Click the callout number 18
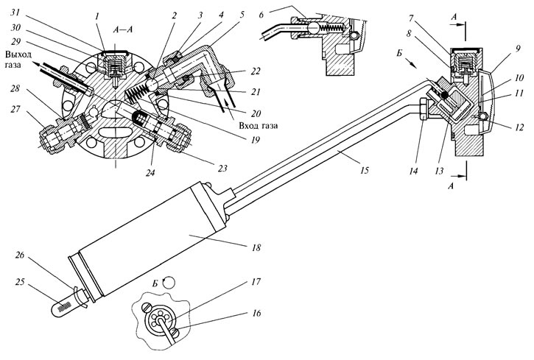[256, 247]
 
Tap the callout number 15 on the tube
[365, 170]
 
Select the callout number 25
[20, 282]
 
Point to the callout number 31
[15, 13]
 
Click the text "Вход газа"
[258, 126]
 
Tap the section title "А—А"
[124, 29]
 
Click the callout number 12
[519, 127]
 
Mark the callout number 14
[413, 171]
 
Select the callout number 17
[256, 282]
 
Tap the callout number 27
[15, 109]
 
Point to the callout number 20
[256, 113]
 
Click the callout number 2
[174, 15]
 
